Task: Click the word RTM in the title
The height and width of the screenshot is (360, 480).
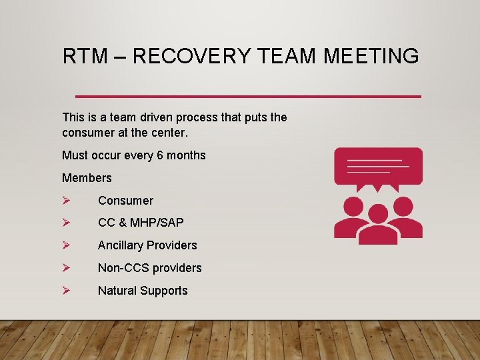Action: pos(82,56)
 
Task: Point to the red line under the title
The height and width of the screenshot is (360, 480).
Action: pos(248,97)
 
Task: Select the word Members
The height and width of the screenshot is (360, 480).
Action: pos(87,178)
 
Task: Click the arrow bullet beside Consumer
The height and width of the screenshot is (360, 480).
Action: pos(65,201)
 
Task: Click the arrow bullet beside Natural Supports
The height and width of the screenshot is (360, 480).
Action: pos(65,291)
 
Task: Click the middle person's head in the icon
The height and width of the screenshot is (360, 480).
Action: pos(378,213)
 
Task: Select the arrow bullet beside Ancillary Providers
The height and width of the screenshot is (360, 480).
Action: pos(65,245)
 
